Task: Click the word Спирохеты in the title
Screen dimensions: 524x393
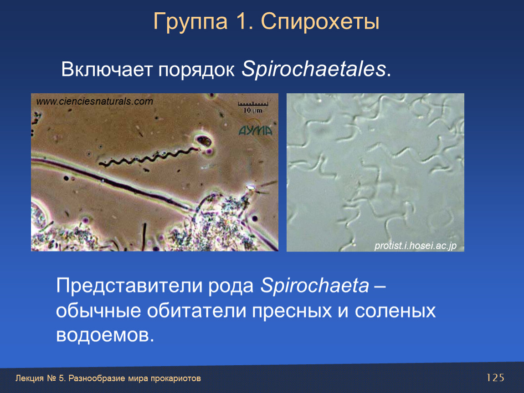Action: coord(320,22)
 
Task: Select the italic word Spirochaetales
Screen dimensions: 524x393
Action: coord(314,70)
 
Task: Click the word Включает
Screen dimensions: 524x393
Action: coord(107,70)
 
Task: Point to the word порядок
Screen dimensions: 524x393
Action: coord(197,71)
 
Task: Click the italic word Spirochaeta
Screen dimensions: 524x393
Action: coord(315,286)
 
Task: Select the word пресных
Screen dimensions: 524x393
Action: coord(292,311)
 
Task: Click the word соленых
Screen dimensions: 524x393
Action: coord(396,311)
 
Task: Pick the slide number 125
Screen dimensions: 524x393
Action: coord(495,378)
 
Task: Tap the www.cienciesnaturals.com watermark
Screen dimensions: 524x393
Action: coord(95,101)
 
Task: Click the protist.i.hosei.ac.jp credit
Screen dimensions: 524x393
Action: coord(416,246)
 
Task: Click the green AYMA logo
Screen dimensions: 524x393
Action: coord(256,131)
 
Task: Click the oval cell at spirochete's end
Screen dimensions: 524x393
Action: coord(204,141)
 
